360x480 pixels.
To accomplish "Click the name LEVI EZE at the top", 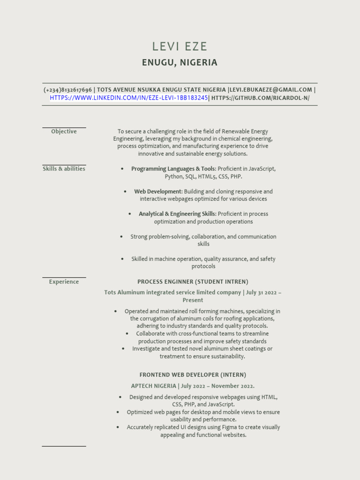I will pyautogui.click(x=180, y=46).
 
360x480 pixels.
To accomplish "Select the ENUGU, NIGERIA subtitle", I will pyautogui.click(x=180, y=62).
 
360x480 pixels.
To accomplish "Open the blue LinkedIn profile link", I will pyautogui.click(x=128, y=98).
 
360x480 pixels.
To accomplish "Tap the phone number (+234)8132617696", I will pyautogui.click(x=67, y=90).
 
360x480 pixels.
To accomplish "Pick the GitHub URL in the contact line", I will pyautogui.click(x=260, y=98).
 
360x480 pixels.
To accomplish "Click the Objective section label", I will pyautogui.click(x=64, y=132).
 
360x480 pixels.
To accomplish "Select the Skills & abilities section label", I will pyautogui.click(x=64, y=169).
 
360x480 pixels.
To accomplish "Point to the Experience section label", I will pyautogui.click(x=64, y=282).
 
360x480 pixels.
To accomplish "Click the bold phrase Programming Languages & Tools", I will pyautogui.click(x=173, y=169).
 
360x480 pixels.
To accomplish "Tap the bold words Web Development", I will pyautogui.click(x=157, y=192).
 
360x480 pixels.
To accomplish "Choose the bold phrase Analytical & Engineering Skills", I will pyautogui.click(x=177, y=214).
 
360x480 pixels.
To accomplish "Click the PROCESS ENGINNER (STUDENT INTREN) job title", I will pyautogui.click(x=193, y=282).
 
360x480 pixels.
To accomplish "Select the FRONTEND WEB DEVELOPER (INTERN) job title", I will pyautogui.click(x=193, y=375).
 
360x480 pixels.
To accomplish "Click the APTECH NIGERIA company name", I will pyautogui.click(x=154, y=386).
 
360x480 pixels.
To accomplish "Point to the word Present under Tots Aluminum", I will pyautogui.click(x=193, y=300).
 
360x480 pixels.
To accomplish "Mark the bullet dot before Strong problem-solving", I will pyautogui.click(x=122, y=237).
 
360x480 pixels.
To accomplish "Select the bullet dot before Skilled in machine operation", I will pyautogui.click(x=122, y=259).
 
